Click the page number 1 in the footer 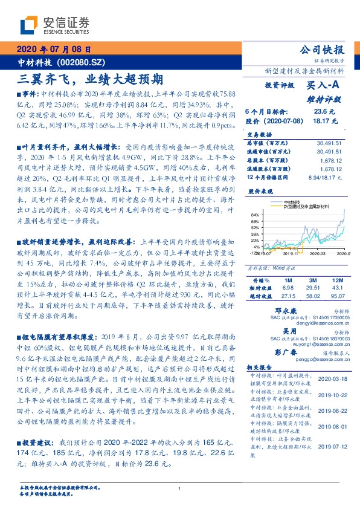[180, 488]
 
